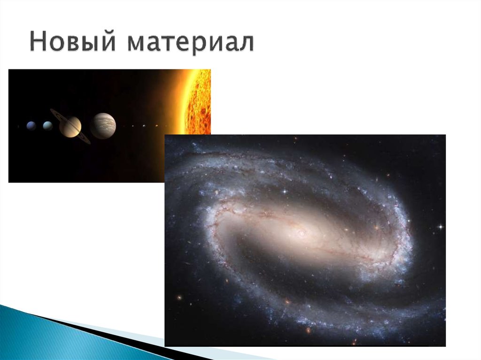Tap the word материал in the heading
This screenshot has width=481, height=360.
click(191, 43)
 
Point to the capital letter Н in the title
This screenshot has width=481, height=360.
click(38, 42)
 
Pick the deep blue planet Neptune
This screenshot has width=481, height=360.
click(31, 126)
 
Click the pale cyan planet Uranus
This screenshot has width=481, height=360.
click(47, 126)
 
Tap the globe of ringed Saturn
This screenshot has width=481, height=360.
click(70, 126)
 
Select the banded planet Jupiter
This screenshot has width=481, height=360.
click(103, 126)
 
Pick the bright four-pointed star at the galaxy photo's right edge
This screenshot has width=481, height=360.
click(440, 227)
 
